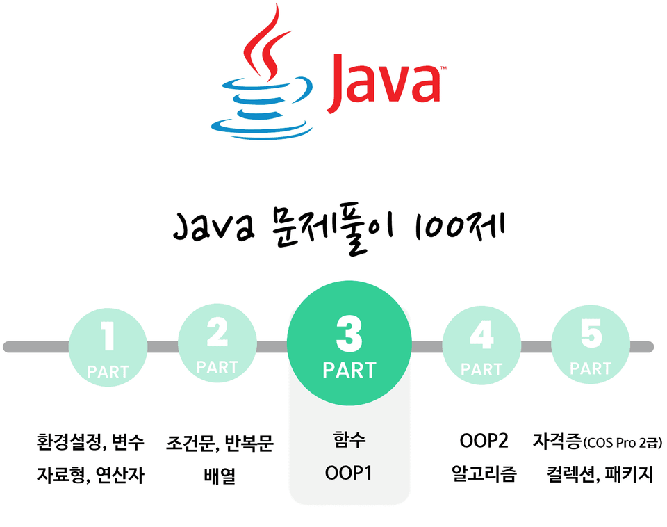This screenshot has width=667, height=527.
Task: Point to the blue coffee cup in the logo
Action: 262,108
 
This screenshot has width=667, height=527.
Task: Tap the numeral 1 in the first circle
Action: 108,336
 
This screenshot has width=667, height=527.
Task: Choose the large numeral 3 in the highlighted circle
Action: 349,334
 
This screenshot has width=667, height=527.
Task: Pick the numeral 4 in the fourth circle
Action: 481,335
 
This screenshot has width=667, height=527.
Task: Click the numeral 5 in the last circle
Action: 591,333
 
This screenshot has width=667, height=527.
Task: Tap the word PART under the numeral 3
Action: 349,371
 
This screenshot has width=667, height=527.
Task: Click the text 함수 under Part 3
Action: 349,439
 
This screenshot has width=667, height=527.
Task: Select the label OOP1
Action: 348,473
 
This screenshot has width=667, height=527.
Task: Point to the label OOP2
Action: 484,441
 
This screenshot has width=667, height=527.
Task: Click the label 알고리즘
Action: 484,473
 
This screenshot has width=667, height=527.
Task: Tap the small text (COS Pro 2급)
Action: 623,443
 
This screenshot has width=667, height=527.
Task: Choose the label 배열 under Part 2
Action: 220,476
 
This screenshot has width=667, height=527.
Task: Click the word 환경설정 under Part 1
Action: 69,442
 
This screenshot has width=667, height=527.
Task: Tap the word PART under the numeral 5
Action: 591,368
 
